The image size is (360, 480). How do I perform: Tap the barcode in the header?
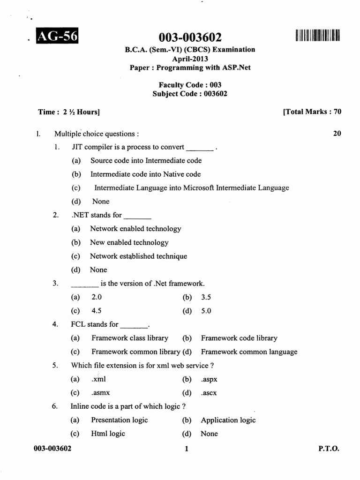coord(317,35)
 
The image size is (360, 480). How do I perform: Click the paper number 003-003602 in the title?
coord(190,37)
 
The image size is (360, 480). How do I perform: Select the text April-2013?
coord(190,59)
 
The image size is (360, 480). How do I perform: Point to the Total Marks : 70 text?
coord(312,112)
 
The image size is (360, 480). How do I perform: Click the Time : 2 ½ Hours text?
coord(69,112)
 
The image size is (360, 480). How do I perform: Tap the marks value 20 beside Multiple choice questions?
coord(337,134)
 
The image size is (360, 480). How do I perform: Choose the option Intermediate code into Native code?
coord(145,174)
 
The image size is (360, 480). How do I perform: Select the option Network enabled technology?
coord(135,229)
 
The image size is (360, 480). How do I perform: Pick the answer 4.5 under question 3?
coord(97,311)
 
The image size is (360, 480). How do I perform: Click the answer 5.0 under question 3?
coord(206,311)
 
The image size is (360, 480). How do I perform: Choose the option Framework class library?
coord(129,338)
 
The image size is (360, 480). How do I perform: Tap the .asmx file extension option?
coord(101,393)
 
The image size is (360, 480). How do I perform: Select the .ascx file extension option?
coord(209,393)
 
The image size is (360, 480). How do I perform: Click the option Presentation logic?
coord(119,420)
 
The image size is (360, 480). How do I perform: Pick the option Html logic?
coord(108,434)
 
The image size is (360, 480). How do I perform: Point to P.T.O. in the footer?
coord(329,449)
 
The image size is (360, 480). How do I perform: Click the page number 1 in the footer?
coord(187,449)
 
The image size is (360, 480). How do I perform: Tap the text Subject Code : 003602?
coord(190,94)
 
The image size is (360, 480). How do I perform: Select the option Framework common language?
coord(249,352)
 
